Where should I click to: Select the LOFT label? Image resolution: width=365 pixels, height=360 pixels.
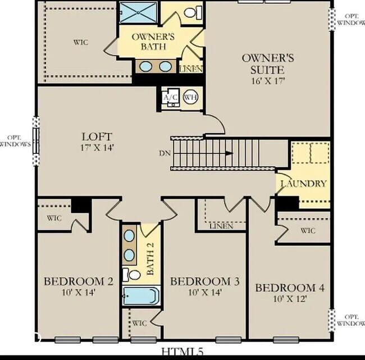click(x=97, y=136)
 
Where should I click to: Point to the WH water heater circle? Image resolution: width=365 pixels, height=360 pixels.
click(x=190, y=97)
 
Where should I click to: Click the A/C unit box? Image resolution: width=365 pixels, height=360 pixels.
click(x=170, y=97)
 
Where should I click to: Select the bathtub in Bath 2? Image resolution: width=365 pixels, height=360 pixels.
click(x=142, y=295)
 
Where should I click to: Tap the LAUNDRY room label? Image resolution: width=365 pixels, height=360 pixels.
click(x=303, y=183)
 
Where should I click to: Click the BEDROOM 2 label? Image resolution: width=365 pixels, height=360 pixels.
click(x=74, y=281)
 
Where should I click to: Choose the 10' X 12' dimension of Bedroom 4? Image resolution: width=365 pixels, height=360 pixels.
click(x=290, y=299)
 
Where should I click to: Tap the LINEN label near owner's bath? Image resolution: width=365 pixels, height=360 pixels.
click(x=190, y=69)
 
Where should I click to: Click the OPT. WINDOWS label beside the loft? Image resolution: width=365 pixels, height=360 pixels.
click(x=16, y=141)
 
